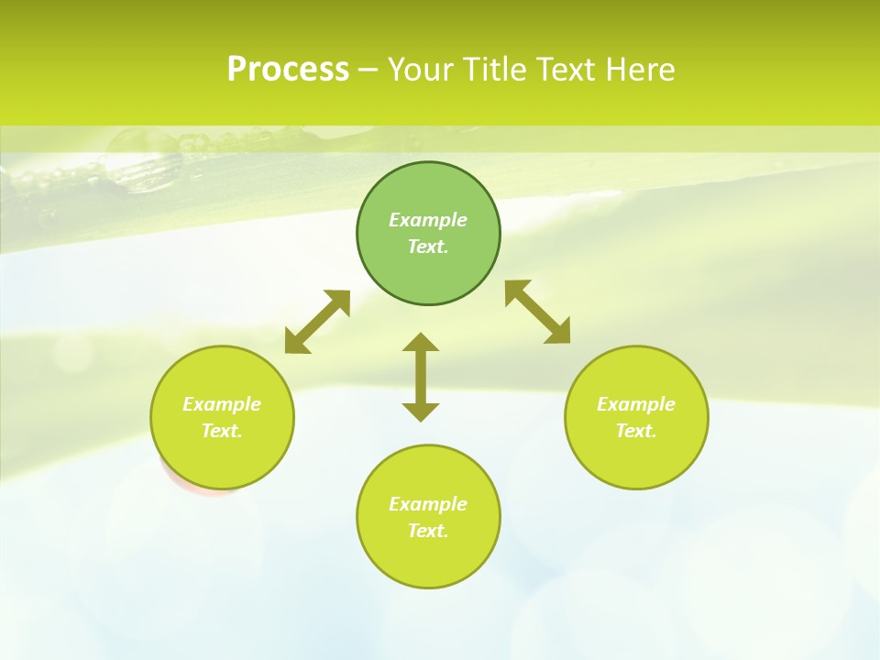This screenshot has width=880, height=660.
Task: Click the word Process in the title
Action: [288, 70]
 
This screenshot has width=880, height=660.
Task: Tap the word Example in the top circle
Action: [428, 220]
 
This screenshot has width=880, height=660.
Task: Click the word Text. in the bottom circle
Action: [428, 531]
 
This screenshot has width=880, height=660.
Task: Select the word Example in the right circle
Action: [636, 404]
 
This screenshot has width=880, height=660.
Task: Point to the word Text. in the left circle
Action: [222, 431]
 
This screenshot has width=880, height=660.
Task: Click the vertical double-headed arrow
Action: [421, 378]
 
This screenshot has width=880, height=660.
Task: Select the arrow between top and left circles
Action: [317, 322]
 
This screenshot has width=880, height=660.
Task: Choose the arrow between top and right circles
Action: [538, 312]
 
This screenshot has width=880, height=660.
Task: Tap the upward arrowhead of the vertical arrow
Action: [421, 343]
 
